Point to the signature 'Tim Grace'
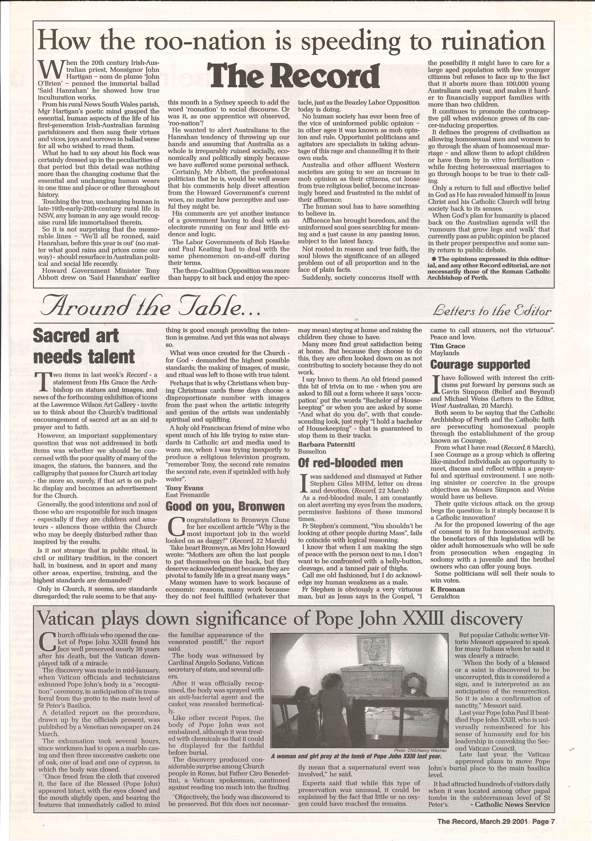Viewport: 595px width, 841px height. pos(447,346)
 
